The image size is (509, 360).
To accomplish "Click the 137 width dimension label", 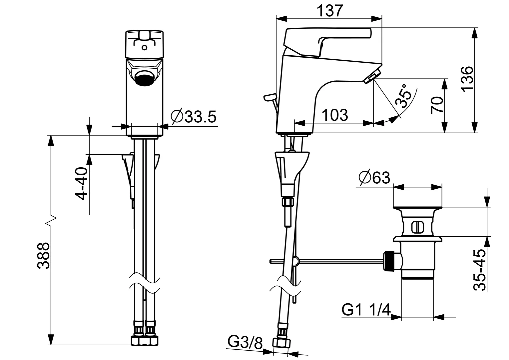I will [x=329, y=11].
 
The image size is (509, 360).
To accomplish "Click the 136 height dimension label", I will [x=467, y=78].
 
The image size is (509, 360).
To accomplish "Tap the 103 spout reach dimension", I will [x=334, y=115].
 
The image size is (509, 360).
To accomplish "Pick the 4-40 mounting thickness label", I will [x=81, y=184].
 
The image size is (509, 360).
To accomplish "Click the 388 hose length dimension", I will [x=43, y=256].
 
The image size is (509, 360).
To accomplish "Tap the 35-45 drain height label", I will [x=480, y=270].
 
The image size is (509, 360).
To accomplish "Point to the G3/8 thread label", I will [x=246, y=342].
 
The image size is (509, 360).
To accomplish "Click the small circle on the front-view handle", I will [x=144, y=48].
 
